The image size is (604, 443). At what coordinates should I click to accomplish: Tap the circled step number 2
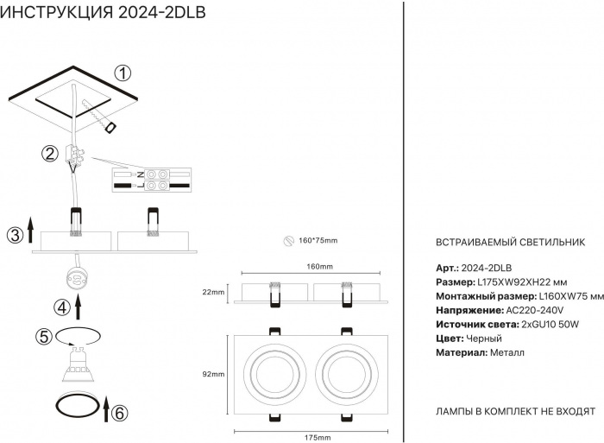[x=51, y=154]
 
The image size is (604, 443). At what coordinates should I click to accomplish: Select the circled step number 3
[x=15, y=235]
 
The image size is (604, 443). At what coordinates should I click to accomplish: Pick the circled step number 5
[x=43, y=336]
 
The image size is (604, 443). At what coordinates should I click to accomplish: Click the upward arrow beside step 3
[x=31, y=231]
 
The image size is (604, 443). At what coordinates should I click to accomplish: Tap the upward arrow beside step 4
[x=79, y=307]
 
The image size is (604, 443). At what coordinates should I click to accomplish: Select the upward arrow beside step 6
[x=105, y=408]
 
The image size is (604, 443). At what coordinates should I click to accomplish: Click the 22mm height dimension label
[x=212, y=293]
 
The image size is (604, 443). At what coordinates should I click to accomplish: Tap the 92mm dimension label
[x=212, y=374]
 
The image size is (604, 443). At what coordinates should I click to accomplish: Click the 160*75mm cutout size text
[x=318, y=240]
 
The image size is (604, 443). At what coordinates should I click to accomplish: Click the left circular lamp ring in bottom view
[x=271, y=374]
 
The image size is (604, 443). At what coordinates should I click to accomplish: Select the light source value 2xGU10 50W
[x=551, y=324]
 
